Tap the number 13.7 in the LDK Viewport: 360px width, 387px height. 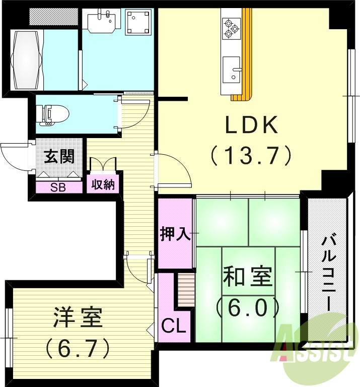(x=251, y=156)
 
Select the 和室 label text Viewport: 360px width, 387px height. (x=247, y=278)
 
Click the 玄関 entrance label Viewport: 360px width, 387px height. (x=59, y=157)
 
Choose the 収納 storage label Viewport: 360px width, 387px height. (x=103, y=184)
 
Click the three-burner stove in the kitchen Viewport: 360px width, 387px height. (x=231, y=29)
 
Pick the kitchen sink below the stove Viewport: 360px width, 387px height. (x=232, y=69)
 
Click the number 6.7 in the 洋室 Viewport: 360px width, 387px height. (x=79, y=346)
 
